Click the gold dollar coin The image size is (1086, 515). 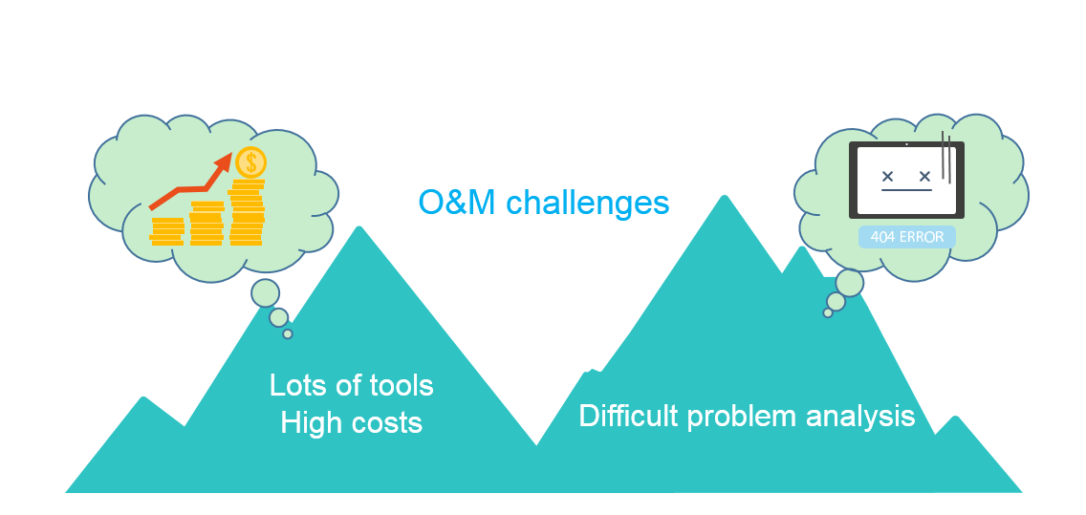250,162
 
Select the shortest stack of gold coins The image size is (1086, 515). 167,231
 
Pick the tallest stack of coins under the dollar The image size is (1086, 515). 247,212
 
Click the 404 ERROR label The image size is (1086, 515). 906,237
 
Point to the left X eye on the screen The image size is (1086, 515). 887,176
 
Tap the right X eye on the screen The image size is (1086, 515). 923,176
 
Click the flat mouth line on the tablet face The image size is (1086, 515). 906,188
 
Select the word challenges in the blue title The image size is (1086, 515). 587,203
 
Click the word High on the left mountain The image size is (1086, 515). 310,422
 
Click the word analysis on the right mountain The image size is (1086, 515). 862,418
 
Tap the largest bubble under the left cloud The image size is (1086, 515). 265,293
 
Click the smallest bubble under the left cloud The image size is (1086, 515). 288,334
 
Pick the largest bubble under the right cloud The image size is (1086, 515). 850,283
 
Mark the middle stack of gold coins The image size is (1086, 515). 206,224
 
